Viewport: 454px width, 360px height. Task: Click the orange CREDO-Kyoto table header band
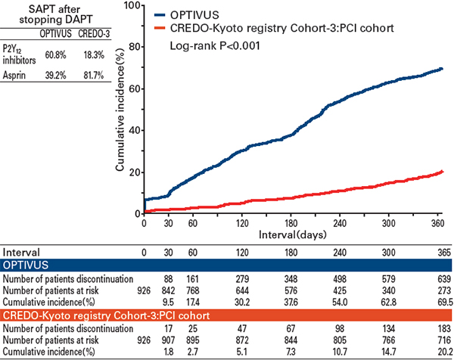(227, 315)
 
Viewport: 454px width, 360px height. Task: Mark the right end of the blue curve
(442, 69)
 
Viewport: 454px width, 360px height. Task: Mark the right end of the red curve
(442, 172)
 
